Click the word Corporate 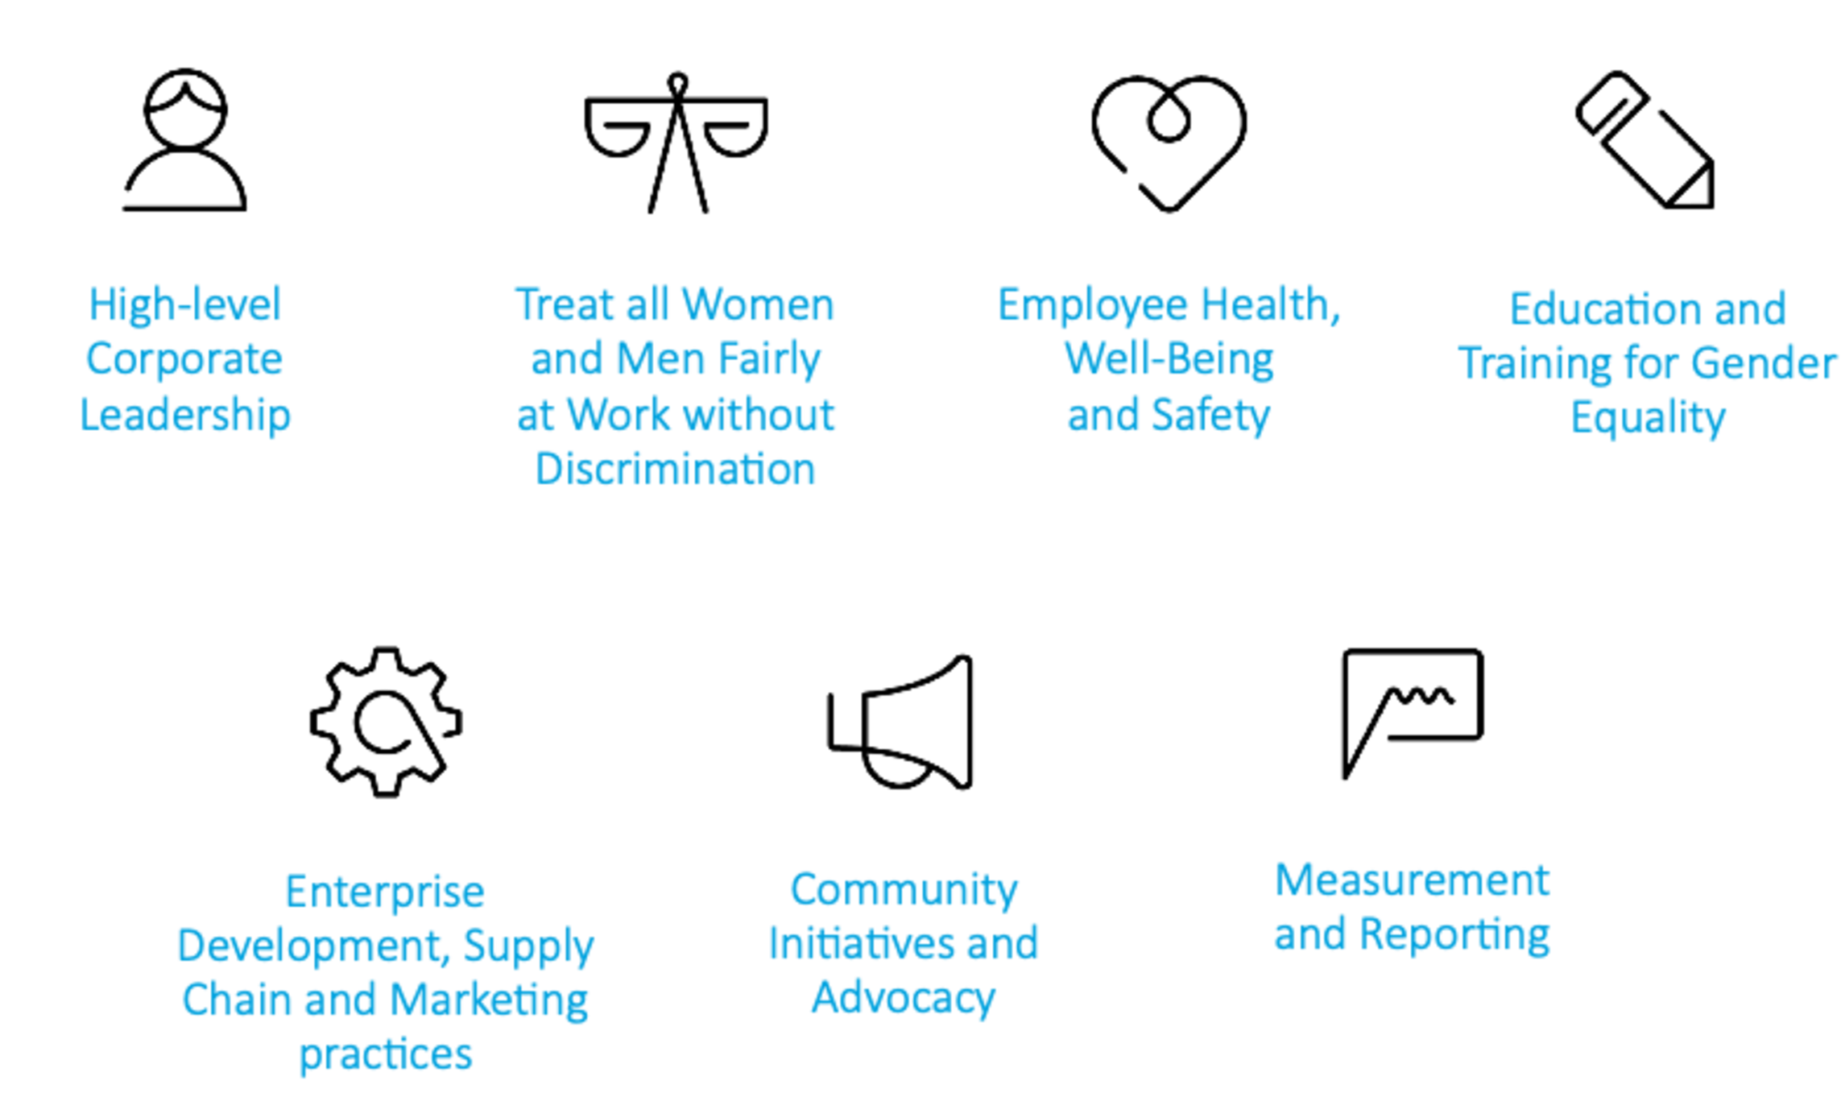coord(184,358)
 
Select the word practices coord(384,1055)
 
